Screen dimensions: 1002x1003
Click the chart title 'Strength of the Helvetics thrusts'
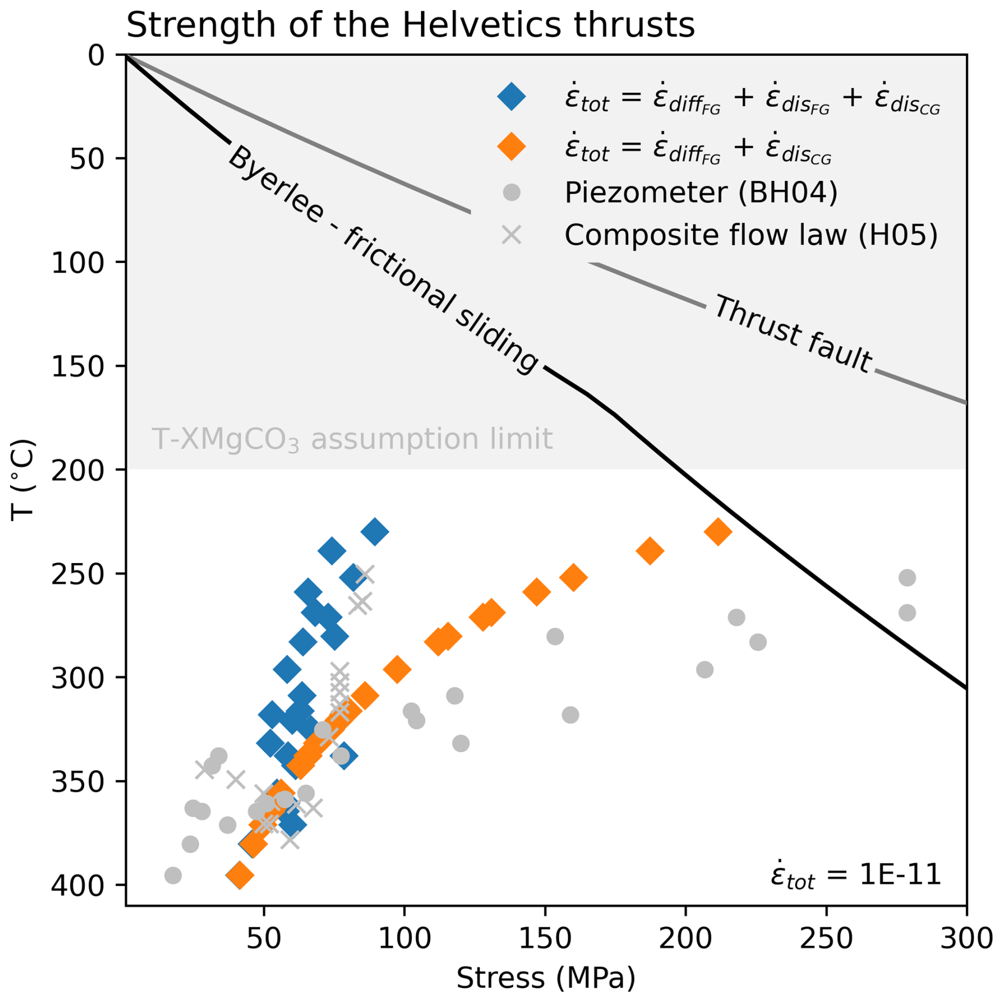[410, 25]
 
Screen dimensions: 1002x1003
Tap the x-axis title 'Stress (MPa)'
[546, 977]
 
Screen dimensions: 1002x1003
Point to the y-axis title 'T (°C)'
[23, 480]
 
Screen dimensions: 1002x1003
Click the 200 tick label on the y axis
[81, 470]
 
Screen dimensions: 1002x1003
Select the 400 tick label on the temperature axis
[81, 885]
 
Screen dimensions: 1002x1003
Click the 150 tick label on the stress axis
[545, 939]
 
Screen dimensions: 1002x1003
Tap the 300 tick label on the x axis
[966, 939]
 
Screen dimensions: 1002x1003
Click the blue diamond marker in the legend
[512, 97]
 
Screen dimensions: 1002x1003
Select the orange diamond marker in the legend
[512, 146]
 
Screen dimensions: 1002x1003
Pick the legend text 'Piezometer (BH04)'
[701, 192]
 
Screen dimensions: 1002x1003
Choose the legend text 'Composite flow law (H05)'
[751, 235]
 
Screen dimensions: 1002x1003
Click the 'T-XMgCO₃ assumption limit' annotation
[352, 440]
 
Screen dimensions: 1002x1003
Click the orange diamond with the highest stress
[718, 532]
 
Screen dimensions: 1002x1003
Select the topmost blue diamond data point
[375, 532]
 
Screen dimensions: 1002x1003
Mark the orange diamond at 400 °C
[239, 875]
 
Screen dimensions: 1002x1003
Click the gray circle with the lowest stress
[173, 875]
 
